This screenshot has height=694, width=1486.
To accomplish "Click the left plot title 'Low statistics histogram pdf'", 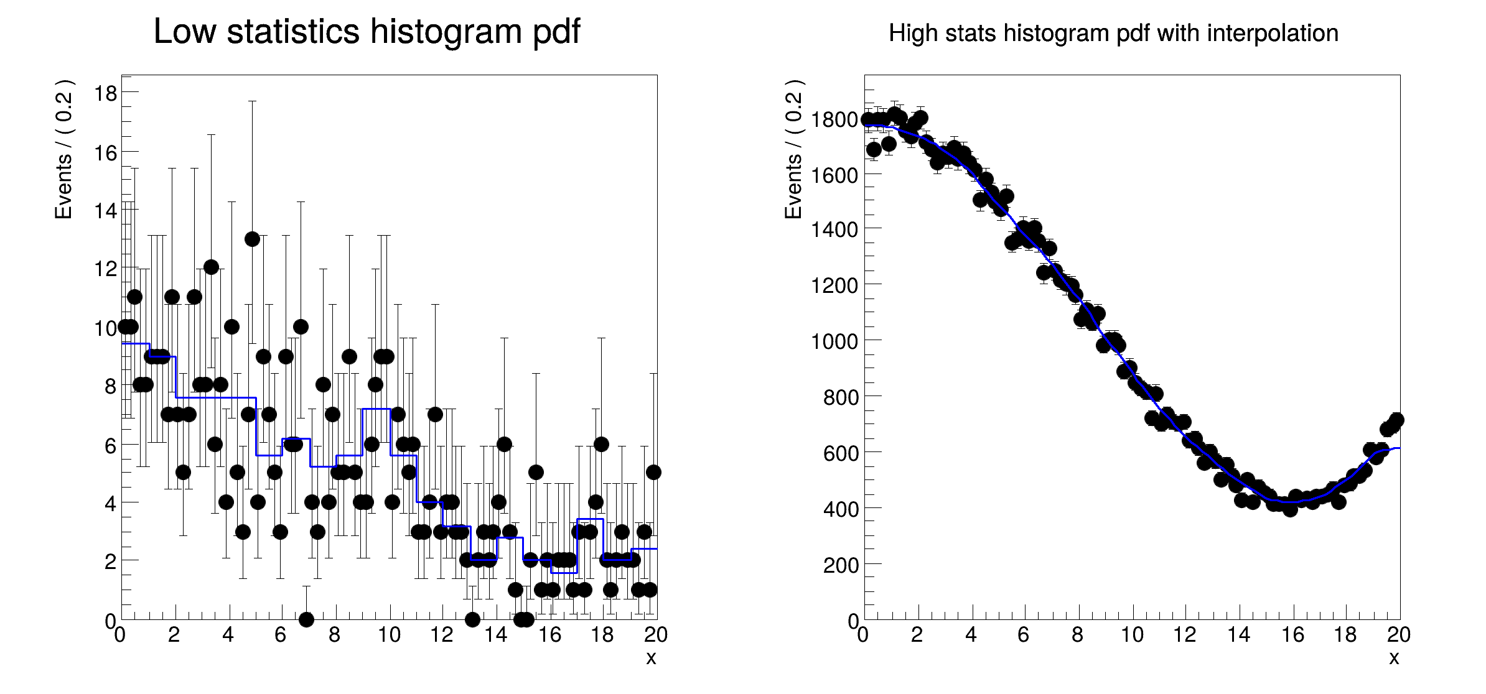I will coord(367,32).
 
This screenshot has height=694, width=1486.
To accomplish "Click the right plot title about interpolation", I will coord(1113,33).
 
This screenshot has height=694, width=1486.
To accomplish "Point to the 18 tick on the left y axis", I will coord(105,93).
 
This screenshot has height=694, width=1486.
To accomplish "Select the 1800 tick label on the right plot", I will coord(834,119).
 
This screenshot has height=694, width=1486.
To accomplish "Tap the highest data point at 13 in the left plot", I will coord(252,239).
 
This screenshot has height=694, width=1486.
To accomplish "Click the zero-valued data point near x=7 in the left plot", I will coord(306,619).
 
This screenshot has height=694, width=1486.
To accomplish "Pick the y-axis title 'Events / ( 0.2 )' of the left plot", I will coord(63,149).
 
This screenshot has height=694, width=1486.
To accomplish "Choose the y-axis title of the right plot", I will coord(793,149).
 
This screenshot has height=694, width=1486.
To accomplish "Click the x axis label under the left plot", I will coord(651,658).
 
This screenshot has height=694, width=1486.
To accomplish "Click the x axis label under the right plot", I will coord(1394,658).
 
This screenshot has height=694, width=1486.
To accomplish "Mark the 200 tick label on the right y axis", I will coord(841,565).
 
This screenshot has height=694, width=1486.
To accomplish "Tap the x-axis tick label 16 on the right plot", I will coord(1292,635).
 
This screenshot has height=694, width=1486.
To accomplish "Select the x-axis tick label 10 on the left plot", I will coord(389,635).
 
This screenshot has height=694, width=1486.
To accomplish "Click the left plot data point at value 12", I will coord(211,267).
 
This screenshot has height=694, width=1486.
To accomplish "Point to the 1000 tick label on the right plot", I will coord(834,341).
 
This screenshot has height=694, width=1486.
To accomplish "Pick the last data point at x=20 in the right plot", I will coord(1396,420).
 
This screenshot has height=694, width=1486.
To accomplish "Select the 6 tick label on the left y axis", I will coord(110,445).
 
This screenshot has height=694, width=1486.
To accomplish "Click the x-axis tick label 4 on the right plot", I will coord(971,635).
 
